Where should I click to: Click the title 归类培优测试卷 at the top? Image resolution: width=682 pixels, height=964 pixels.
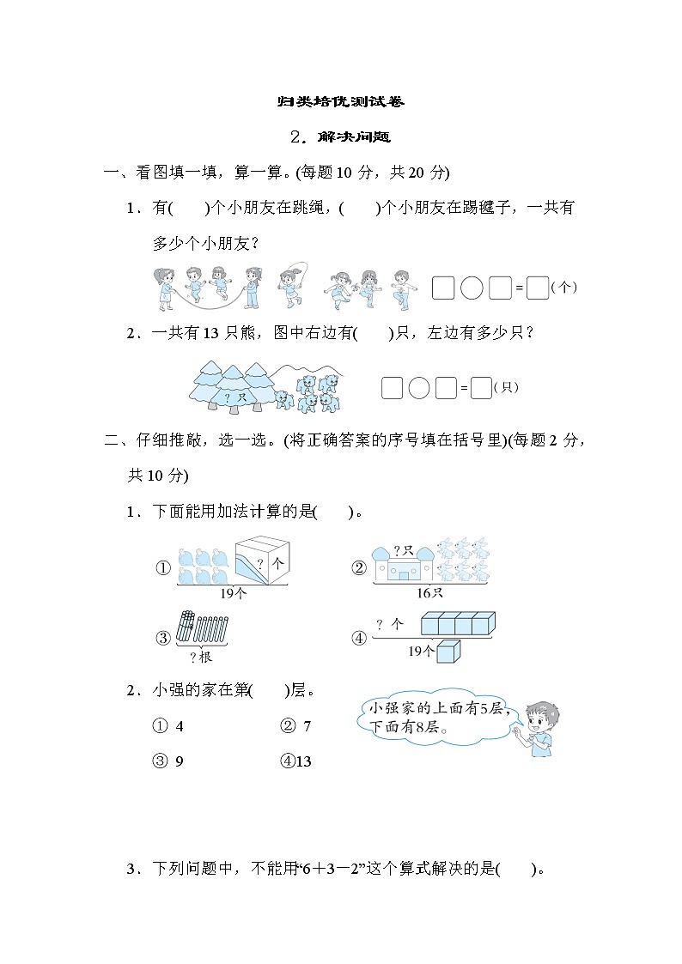point(340,101)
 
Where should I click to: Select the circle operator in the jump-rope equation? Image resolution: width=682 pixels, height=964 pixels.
point(472,288)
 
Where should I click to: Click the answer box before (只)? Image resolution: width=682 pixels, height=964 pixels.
point(481,388)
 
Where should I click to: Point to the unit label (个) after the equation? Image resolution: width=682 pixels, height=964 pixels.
point(563,288)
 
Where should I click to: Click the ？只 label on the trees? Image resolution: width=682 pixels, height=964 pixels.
point(229,397)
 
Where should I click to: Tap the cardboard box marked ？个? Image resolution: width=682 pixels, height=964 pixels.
point(262,560)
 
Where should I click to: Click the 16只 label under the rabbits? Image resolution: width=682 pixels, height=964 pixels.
point(430,592)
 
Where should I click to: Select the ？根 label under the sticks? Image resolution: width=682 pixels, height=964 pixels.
point(200,657)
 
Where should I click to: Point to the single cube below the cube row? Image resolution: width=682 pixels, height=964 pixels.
point(448,652)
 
